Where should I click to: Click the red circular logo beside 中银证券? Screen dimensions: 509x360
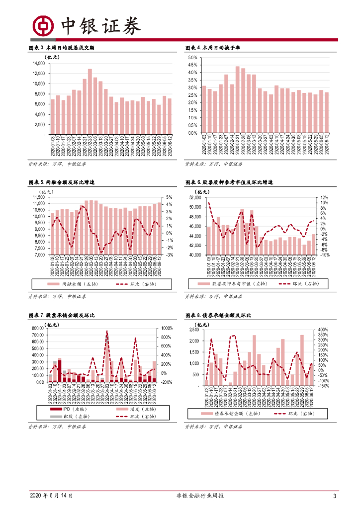coord(43,25)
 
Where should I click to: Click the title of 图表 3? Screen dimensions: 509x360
coord(62,48)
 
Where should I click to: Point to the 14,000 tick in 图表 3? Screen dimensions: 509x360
coord(38,64)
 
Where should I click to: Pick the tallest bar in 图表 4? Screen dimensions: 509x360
coord(237,99)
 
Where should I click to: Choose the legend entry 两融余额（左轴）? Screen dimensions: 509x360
coord(80,283)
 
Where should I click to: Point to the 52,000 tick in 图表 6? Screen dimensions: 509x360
coord(194,197)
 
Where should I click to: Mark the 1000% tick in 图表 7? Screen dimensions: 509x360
coord(166,329)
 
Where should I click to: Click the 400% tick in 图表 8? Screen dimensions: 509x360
coord(323,330)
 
